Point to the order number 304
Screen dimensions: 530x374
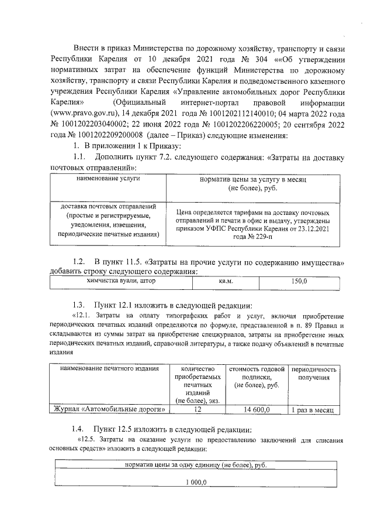click(231, 60)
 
